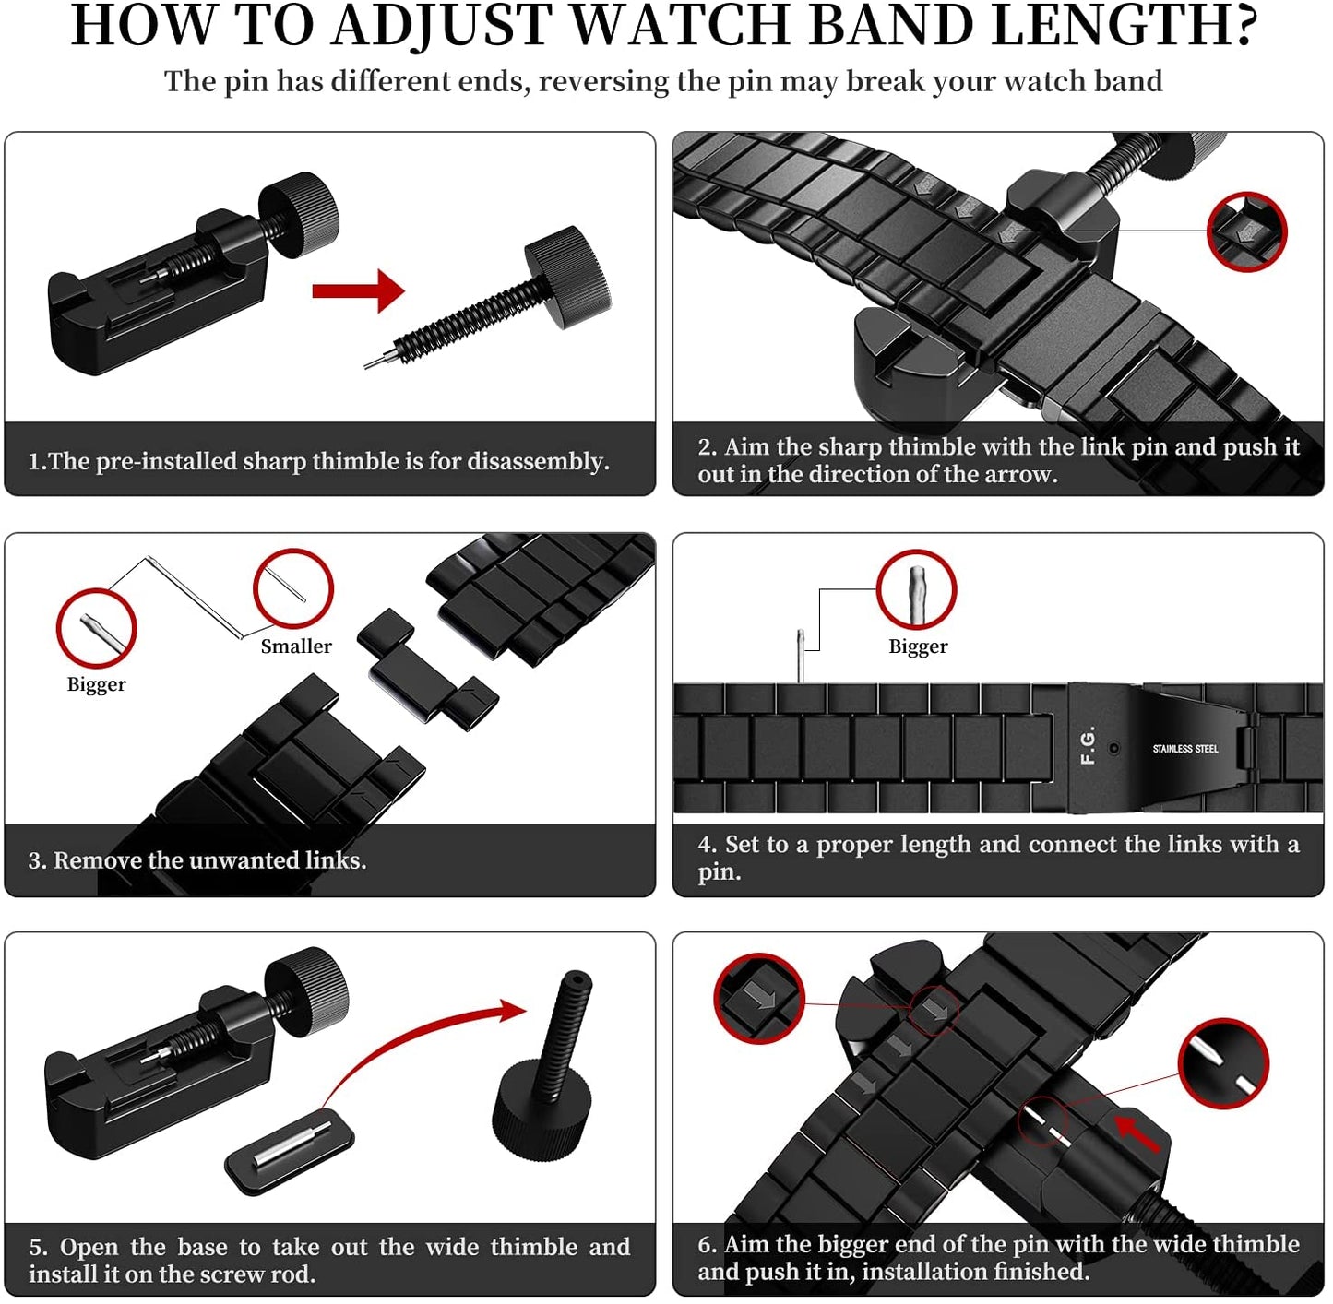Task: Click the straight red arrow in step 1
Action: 358,291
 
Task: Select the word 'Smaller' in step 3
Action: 296,646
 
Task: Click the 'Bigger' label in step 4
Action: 918,646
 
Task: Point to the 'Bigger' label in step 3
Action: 96,684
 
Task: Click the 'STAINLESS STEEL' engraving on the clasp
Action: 1185,749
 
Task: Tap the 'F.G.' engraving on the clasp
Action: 1089,745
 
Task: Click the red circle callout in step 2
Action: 1246,231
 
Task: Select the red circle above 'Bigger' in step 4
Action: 916,589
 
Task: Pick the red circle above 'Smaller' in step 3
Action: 293,588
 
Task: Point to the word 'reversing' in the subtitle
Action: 603,81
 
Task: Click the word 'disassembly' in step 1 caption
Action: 537,461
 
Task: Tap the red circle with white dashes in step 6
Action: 1223,1063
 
